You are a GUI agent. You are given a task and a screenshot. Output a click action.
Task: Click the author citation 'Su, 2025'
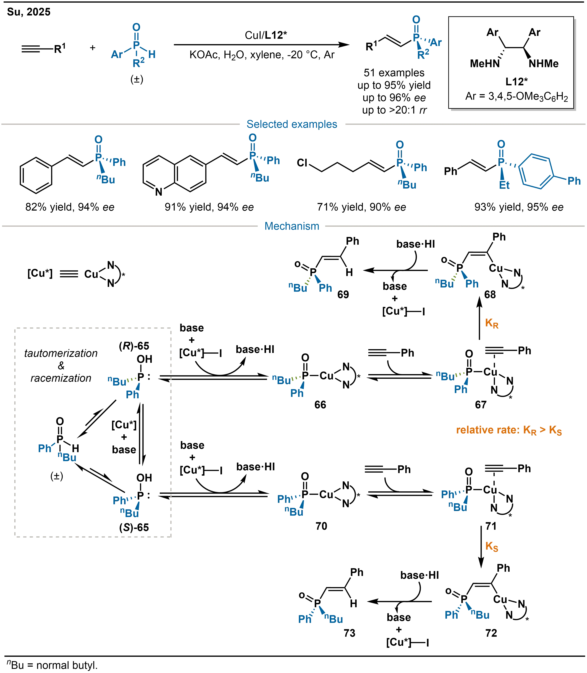coord(29,12)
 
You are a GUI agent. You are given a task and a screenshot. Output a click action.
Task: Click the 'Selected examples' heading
coord(292,124)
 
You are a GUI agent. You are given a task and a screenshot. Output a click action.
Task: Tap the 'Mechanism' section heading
coord(292,226)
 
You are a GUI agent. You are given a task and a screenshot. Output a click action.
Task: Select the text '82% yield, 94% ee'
coord(70,207)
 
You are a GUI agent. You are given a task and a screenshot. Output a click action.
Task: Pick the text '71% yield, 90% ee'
coord(361,207)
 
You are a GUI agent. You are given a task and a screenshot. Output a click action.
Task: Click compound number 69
coord(343,295)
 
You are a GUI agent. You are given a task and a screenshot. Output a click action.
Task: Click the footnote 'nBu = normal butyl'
coord(52,665)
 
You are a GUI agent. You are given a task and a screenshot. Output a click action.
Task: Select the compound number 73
coord(349,633)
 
